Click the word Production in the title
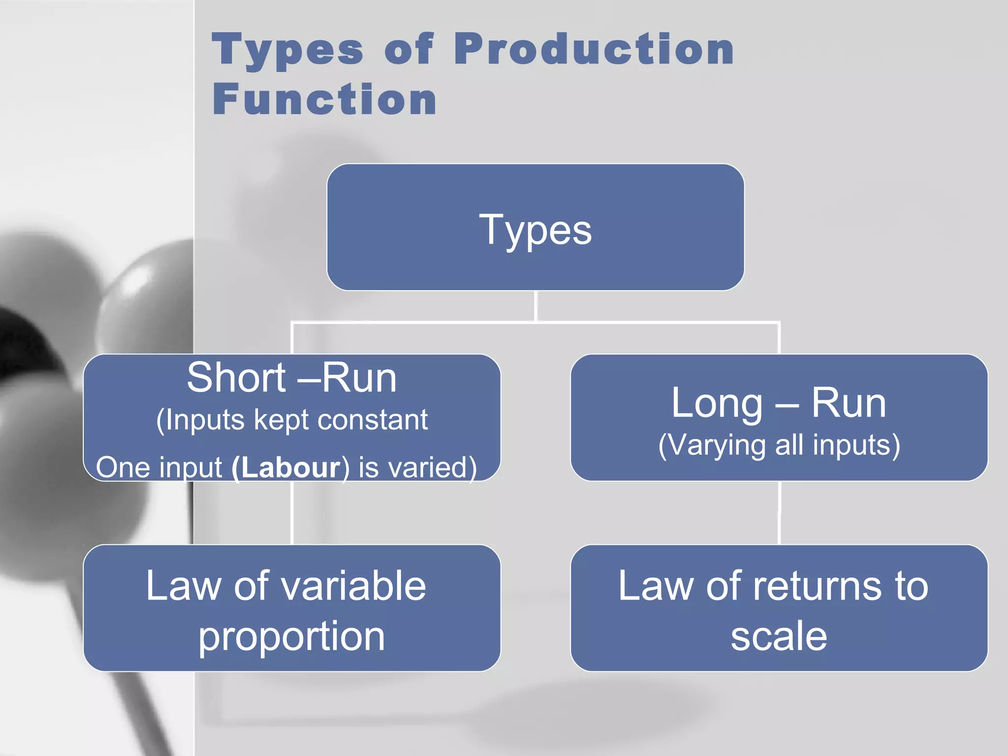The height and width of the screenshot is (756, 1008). [594, 49]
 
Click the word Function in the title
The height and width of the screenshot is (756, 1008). [324, 99]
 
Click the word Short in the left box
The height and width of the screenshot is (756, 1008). [236, 378]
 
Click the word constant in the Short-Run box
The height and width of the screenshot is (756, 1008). [373, 420]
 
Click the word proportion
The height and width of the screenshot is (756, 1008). [291, 636]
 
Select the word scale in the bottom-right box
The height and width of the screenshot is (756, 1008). [779, 636]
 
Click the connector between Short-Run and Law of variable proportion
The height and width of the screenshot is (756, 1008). [292, 512]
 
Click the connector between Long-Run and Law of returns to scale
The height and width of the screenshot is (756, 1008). [779, 512]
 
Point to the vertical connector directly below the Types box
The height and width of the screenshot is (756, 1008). [535, 306]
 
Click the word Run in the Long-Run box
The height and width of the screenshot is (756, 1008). [849, 403]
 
